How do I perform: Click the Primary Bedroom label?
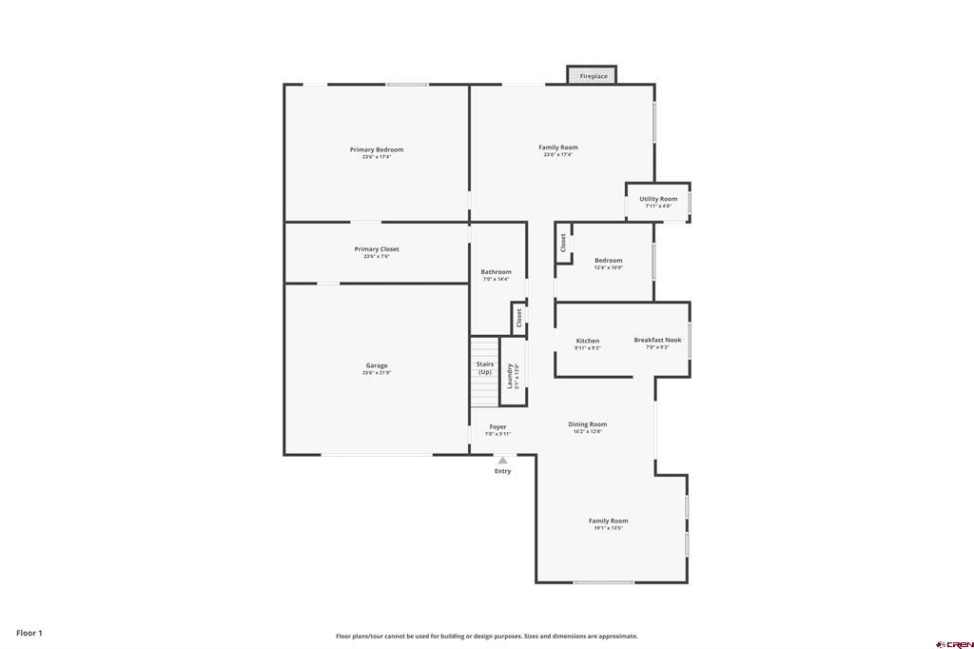(377, 150)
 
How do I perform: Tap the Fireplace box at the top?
(593, 75)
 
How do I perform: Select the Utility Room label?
(658, 200)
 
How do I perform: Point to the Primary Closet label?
(377, 249)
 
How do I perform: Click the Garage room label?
(377, 366)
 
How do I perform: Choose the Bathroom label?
(496, 272)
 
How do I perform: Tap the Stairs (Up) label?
(484, 367)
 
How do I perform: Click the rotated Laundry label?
(511, 375)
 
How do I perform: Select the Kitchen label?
(588, 341)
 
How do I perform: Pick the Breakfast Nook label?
(657, 340)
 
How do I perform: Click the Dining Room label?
(588, 424)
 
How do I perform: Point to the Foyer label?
(498, 427)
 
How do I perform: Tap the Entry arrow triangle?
(502, 460)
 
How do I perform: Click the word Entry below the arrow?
(502, 471)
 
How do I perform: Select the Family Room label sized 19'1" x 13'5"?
(608, 521)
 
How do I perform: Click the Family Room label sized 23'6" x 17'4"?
(558, 147)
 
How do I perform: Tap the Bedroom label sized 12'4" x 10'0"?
(609, 261)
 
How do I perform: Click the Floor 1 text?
(29, 633)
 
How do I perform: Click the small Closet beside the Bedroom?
(563, 243)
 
